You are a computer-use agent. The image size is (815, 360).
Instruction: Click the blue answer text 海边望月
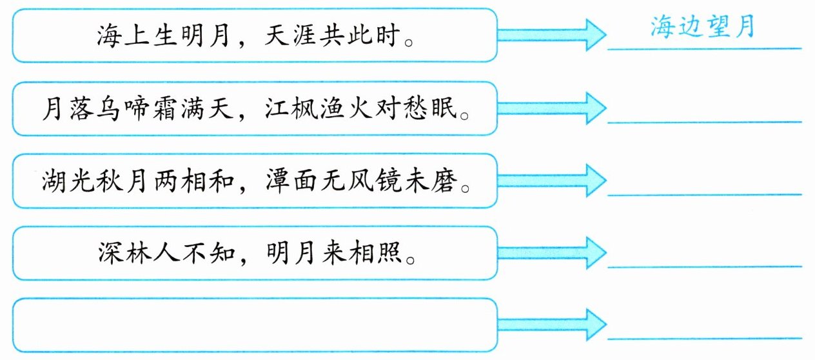point(702,26)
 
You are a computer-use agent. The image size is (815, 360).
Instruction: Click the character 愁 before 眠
point(415,108)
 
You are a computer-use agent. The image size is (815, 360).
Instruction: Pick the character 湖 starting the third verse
point(54,181)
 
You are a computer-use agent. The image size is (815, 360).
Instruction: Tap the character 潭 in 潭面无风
point(277,181)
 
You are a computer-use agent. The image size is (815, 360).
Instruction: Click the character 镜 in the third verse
point(389,181)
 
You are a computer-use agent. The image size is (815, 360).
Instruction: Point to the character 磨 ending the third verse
point(444,181)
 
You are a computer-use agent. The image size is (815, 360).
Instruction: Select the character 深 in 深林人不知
point(110,253)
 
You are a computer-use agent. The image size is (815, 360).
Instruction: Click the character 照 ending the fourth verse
point(389,253)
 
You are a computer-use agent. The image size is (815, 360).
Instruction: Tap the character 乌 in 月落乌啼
point(108,108)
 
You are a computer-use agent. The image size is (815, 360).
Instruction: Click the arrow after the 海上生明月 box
point(552,35)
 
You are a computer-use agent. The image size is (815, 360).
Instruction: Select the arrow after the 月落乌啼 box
point(552,108)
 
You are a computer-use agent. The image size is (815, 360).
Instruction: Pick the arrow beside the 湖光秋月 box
point(552,181)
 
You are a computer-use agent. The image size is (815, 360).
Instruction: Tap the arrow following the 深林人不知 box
point(552,253)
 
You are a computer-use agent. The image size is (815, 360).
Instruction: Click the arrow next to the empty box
point(552,325)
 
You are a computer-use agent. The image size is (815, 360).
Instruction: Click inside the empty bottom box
point(255,325)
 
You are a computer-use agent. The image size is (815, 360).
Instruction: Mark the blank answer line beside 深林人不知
point(705,267)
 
